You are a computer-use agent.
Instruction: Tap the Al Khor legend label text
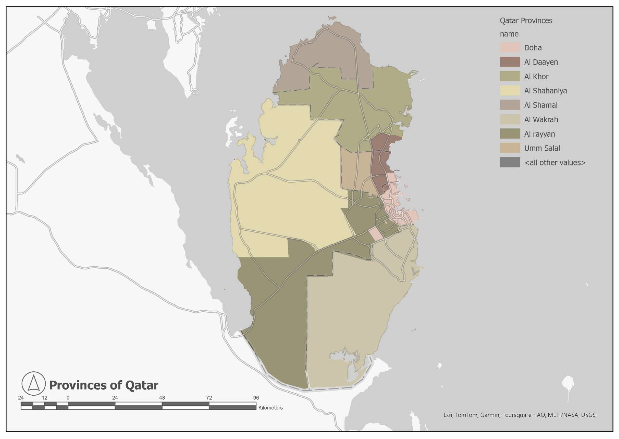tap(536, 76)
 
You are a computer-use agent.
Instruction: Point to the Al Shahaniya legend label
tap(545, 91)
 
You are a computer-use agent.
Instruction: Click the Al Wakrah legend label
tap(541, 119)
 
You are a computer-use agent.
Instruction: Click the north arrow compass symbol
tap(34, 383)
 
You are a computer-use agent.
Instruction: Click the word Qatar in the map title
tap(142, 385)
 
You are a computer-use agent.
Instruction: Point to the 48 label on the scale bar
tap(162, 398)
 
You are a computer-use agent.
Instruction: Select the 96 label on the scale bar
tap(256, 398)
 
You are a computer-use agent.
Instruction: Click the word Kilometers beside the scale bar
tap(270, 408)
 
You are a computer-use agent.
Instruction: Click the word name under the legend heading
tap(509, 34)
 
